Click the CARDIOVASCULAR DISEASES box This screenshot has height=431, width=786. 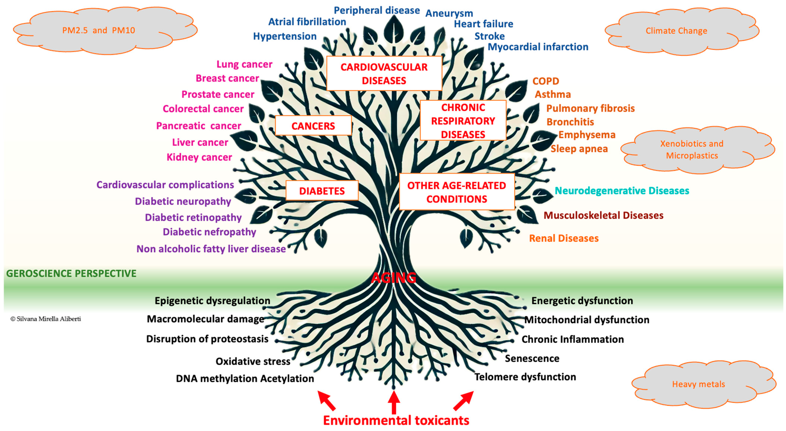tap(384, 73)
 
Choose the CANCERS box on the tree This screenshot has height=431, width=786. tap(313, 126)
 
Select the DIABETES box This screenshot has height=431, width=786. tap(322, 191)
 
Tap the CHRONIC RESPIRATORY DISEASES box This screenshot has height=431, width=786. tap(463, 121)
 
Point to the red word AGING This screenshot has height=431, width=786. tap(394, 277)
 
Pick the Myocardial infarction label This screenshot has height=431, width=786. tap(538, 47)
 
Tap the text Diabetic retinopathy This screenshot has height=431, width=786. tap(193, 217)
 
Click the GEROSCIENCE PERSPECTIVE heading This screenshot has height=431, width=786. tap(71, 273)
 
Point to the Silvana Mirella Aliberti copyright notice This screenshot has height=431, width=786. tap(46, 319)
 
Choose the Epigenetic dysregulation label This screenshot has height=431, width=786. tap(212, 301)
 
